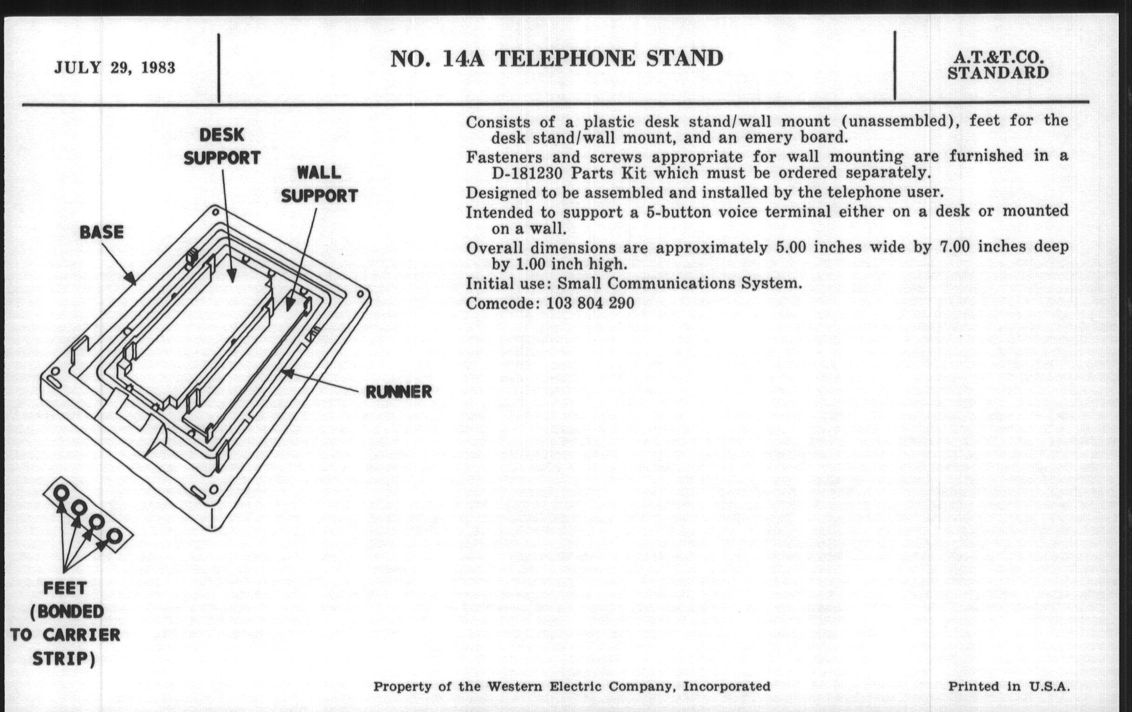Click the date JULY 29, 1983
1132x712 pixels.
pyautogui.click(x=115, y=68)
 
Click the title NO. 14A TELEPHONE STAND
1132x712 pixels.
pyautogui.click(x=557, y=59)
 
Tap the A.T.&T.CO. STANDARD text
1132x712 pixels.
pyautogui.click(x=998, y=65)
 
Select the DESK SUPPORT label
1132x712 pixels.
pyautogui.click(x=222, y=147)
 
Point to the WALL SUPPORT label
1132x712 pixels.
pyautogui.click(x=319, y=184)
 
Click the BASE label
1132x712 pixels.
pyautogui.click(x=101, y=232)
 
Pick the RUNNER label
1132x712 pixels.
pyautogui.click(x=398, y=392)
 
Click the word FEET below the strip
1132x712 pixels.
pyautogui.click(x=65, y=588)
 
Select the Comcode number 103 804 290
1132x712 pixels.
pyautogui.click(x=590, y=303)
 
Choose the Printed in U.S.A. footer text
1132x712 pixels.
pyautogui.click(x=1009, y=686)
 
